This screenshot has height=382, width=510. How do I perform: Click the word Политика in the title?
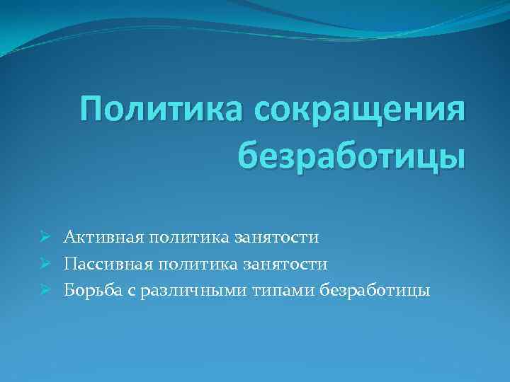(162, 111)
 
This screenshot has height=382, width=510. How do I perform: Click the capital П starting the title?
(93, 111)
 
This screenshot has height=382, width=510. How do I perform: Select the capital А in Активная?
(69, 237)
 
